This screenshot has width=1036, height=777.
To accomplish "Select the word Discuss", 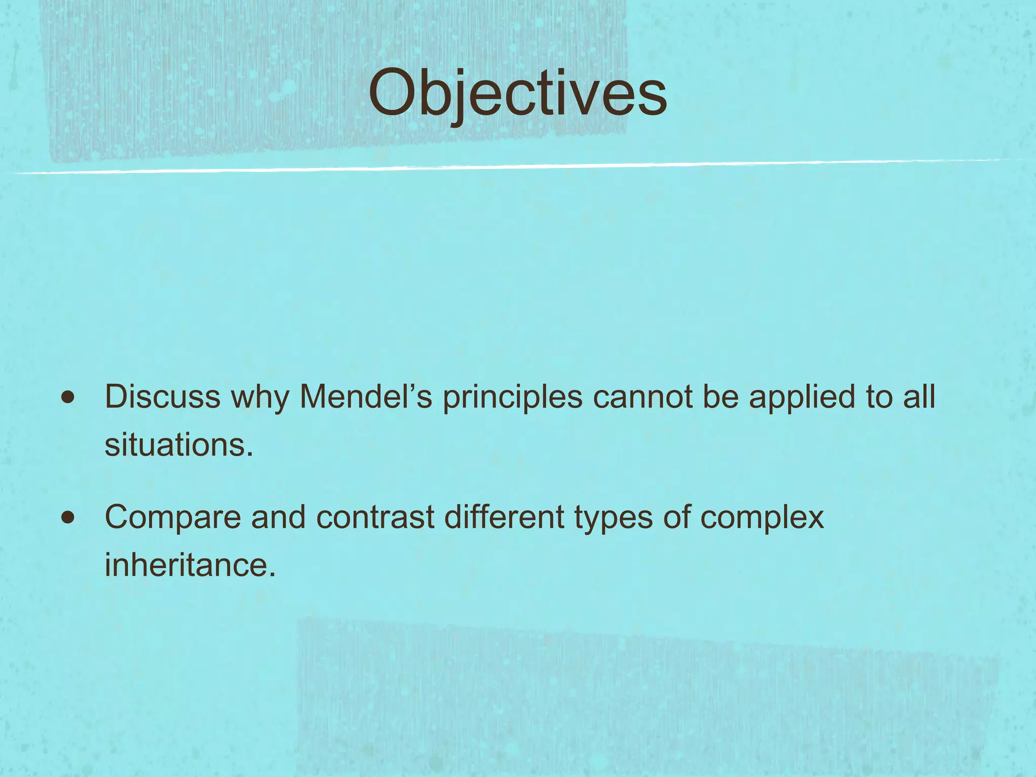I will tap(162, 397).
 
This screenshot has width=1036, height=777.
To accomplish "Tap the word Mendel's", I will tap(366, 397).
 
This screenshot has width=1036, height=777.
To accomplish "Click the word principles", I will tap(512, 398).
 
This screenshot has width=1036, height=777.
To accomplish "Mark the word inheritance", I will tap(190, 565).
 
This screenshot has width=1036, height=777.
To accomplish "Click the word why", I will tap(260, 398).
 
